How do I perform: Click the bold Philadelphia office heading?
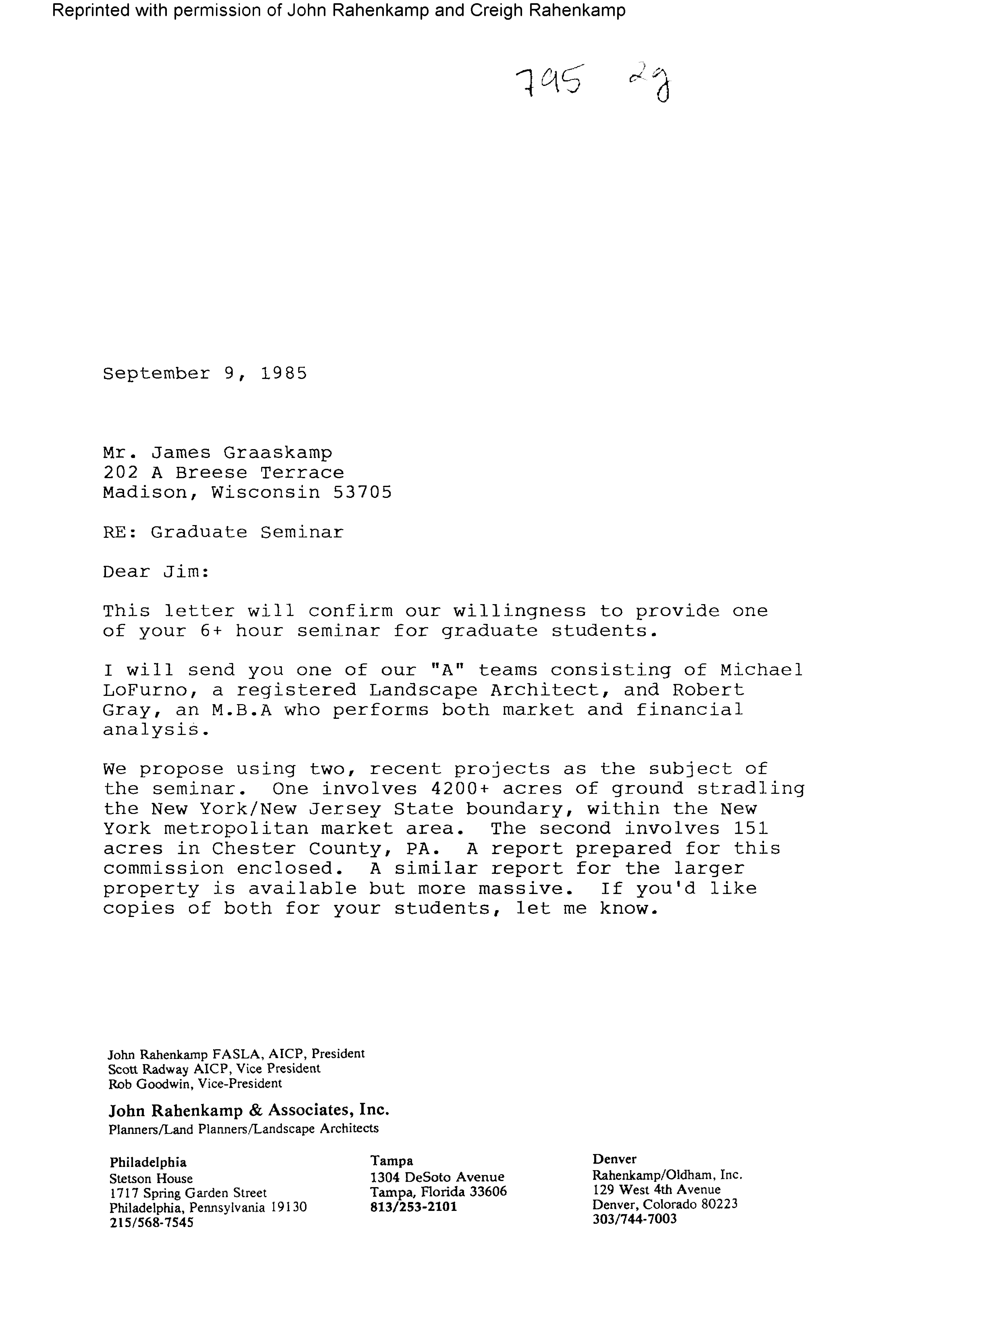click(147, 1163)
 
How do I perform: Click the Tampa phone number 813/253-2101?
click(414, 1206)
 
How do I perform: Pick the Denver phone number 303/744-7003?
click(634, 1219)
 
